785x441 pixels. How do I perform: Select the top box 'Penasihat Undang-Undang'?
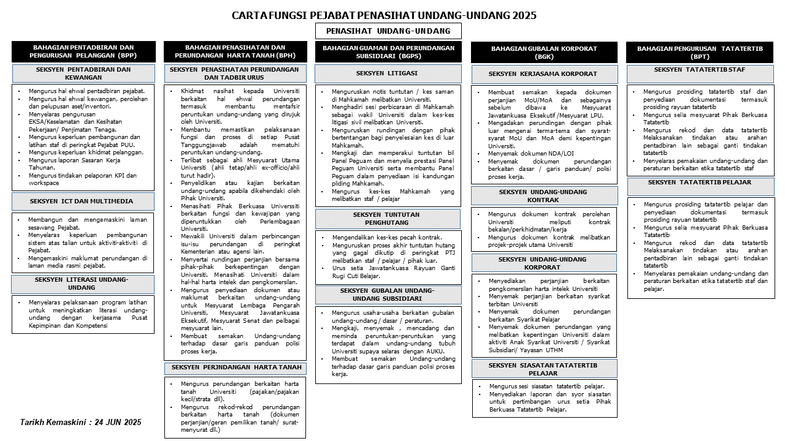pos(388,31)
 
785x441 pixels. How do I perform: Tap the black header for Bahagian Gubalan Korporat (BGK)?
pos(544,52)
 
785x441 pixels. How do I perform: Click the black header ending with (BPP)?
pos(83,51)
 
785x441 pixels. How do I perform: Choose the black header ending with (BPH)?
pos(235,51)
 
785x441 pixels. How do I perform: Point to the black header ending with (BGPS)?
pos(388,51)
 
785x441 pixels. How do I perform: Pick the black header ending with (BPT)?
pos(700,52)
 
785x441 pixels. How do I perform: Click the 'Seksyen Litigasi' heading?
pos(388,73)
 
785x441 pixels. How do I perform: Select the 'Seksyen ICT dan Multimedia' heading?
pos(83,202)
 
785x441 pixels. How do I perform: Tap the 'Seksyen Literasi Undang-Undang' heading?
pos(83,284)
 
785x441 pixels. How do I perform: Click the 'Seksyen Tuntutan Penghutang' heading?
pos(388,219)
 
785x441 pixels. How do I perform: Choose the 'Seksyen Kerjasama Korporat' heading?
pos(544,74)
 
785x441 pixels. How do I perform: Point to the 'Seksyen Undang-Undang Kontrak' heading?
pos(544,196)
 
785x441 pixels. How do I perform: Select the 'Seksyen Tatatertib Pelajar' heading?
pos(700,183)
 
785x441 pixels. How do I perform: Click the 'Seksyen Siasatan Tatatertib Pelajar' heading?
pos(544,369)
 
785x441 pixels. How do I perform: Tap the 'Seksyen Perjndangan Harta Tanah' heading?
pos(235,367)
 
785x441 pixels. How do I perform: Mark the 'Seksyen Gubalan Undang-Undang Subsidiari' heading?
pos(388,295)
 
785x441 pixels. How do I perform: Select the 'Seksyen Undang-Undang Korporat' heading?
pos(544,263)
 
